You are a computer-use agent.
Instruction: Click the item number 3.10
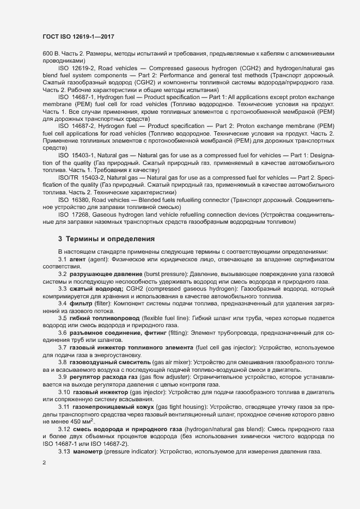[x=64, y=391]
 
